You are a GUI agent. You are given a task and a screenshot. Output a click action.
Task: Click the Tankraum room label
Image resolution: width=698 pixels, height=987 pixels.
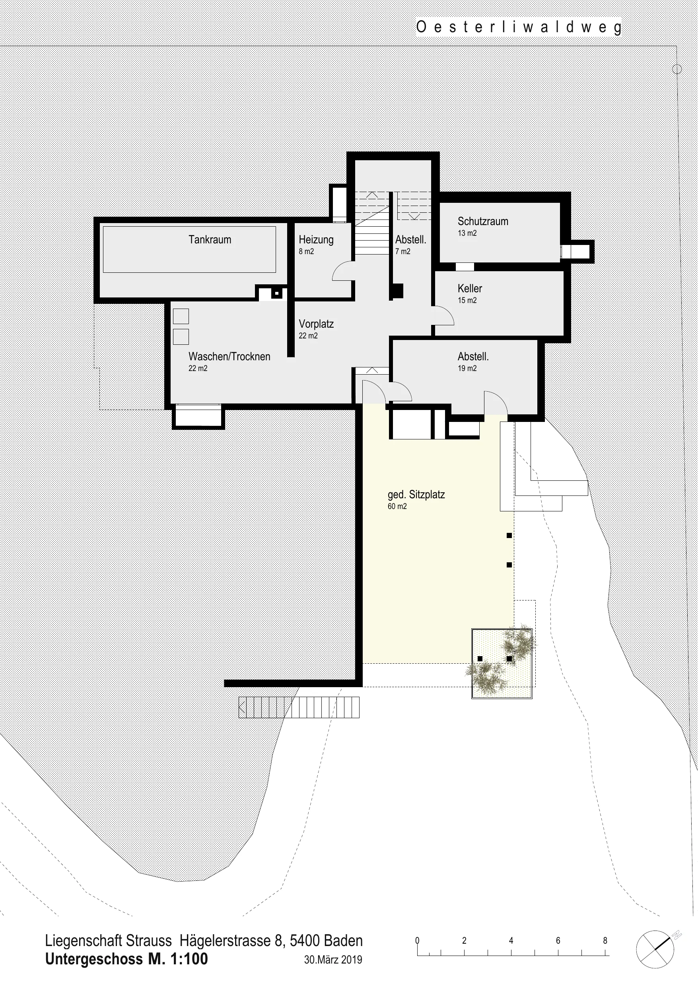click(210, 239)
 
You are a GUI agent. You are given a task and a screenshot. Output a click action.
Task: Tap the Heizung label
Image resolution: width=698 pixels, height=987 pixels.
click(316, 239)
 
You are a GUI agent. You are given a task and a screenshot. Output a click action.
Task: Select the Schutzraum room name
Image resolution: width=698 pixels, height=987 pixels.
click(482, 221)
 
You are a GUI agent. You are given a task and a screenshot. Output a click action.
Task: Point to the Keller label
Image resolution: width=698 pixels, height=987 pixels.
click(470, 288)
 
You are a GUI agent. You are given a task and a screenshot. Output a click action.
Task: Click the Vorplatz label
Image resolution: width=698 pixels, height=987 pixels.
click(316, 324)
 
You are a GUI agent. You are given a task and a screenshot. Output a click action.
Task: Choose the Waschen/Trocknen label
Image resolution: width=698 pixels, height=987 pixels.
click(229, 356)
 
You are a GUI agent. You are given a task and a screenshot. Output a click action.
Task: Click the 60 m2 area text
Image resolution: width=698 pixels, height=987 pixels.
click(397, 506)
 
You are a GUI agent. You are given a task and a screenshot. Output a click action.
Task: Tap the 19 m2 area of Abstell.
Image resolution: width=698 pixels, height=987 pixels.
click(467, 368)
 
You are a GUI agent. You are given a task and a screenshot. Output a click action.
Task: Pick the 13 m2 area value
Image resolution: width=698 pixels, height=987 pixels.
click(467, 233)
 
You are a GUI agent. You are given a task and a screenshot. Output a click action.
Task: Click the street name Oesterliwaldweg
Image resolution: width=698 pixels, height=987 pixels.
click(519, 27)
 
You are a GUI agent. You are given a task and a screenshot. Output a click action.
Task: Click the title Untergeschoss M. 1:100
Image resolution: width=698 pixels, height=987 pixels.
click(126, 959)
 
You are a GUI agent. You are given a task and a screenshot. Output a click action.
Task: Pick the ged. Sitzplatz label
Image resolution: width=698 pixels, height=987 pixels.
click(416, 494)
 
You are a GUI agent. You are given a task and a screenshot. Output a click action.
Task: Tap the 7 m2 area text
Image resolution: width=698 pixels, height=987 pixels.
click(402, 251)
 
